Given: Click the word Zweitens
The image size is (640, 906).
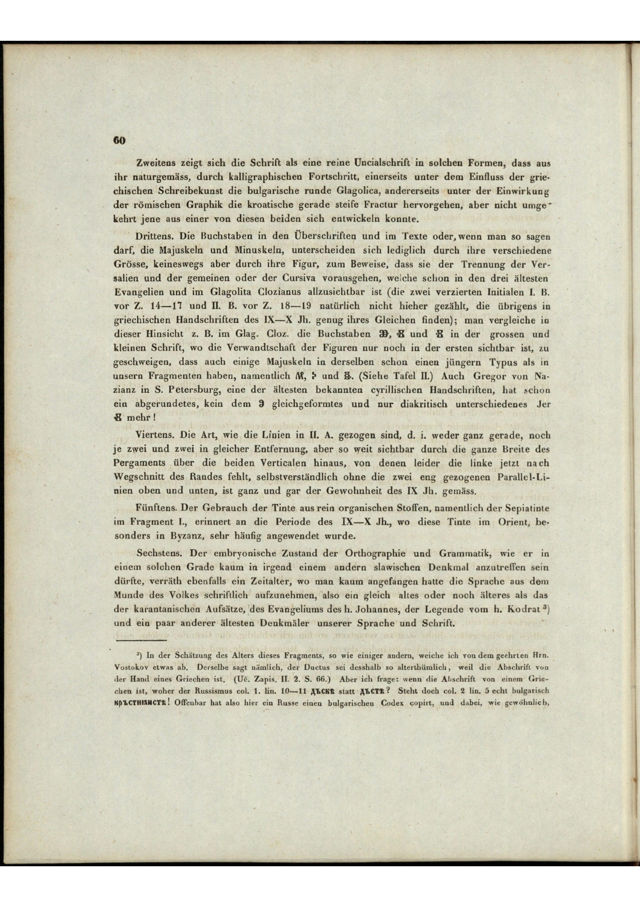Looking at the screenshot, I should coord(153,164).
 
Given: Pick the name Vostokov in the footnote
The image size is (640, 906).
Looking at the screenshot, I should coord(130,666).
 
